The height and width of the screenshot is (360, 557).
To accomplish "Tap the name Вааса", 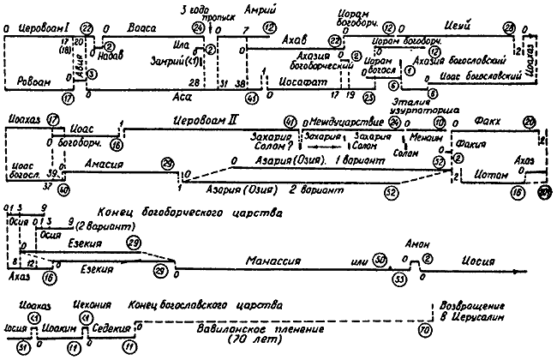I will click(x=141, y=27).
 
